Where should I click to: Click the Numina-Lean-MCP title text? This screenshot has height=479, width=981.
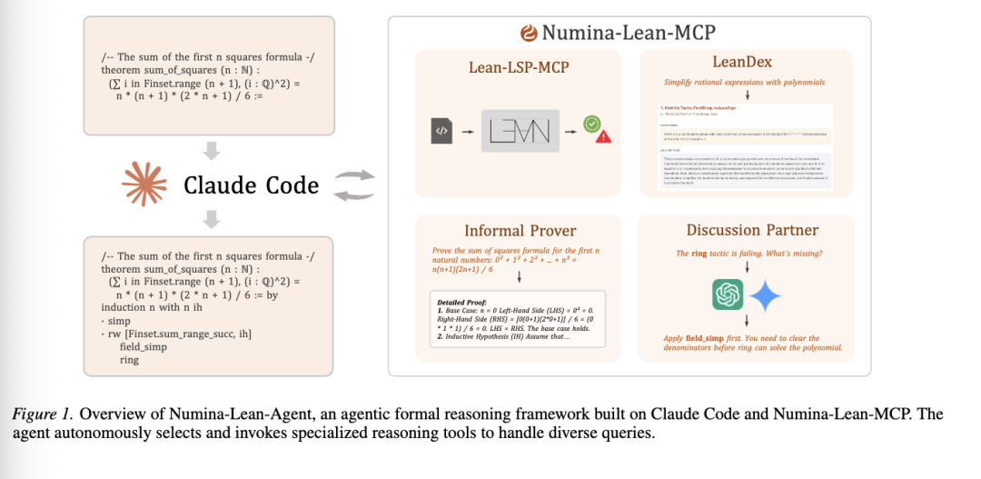click(629, 34)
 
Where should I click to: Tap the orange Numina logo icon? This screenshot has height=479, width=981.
click(529, 34)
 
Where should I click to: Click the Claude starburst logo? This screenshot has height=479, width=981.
click(145, 185)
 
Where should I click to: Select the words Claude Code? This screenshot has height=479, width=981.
click(251, 185)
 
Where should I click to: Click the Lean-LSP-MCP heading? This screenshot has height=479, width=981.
click(518, 67)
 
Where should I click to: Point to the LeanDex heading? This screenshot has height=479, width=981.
click(744, 61)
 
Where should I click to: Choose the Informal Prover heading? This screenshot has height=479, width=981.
click(520, 230)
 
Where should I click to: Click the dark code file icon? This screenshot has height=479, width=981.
click(441, 131)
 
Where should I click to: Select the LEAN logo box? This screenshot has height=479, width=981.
click(517, 131)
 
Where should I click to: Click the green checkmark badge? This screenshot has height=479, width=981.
click(591, 123)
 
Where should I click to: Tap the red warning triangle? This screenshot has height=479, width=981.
click(603, 136)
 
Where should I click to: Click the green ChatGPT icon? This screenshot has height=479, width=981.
click(728, 294)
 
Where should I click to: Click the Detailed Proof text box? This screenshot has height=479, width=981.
click(518, 326)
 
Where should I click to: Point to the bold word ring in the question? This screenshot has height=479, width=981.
click(699, 254)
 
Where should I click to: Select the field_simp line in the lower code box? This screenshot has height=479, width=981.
click(141, 347)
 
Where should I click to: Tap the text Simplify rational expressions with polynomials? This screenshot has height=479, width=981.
click(744, 82)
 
